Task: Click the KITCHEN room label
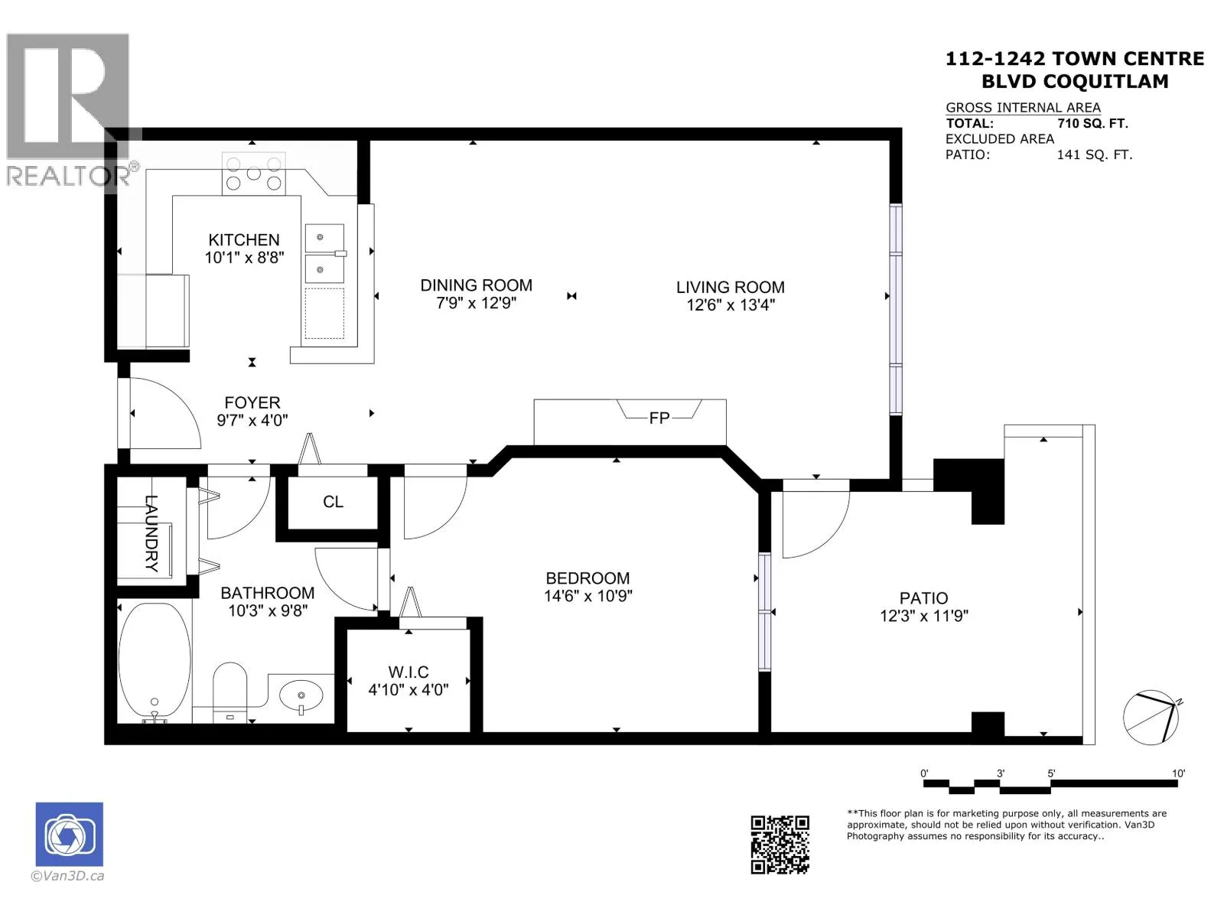click(244, 240)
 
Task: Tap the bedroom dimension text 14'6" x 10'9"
click(588, 596)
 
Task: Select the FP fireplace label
click(659, 418)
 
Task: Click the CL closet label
click(333, 502)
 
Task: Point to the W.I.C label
click(409, 672)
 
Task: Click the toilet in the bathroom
click(229, 692)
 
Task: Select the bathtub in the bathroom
click(155, 662)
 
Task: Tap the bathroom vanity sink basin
click(301, 695)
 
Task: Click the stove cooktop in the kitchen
click(254, 174)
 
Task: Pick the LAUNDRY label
click(151, 533)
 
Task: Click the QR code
click(780, 845)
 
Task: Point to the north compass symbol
click(1151, 717)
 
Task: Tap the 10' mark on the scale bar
click(1177, 773)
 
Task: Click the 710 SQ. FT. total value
click(1092, 123)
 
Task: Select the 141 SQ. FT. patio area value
click(1094, 155)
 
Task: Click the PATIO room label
click(923, 598)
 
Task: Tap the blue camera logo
click(69, 834)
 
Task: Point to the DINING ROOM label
click(477, 285)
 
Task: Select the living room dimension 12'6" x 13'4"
click(731, 305)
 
